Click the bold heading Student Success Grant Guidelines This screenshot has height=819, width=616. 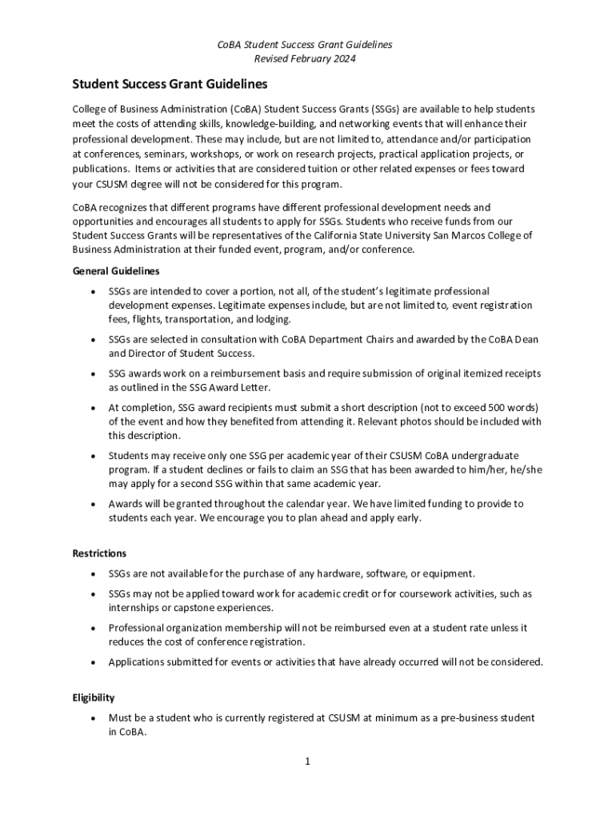click(170, 84)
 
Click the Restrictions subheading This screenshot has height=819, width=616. click(99, 553)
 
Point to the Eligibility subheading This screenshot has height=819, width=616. click(94, 697)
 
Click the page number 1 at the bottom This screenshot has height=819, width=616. click(307, 761)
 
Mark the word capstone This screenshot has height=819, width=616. click(185, 608)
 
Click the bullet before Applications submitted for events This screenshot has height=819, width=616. click(95, 662)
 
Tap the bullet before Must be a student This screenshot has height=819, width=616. click(95, 718)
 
